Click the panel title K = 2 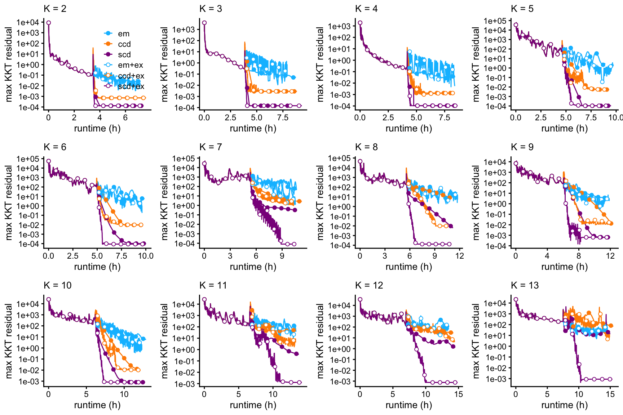click(55, 9)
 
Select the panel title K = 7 click(211, 147)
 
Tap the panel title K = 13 click(525, 285)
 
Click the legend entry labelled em click(123, 34)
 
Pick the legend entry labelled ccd click(124, 44)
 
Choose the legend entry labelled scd click(124, 54)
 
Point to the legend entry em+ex click(130, 65)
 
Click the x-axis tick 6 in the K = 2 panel click(125, 117)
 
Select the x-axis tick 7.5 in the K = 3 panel click(283, 117)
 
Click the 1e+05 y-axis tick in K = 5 click(495, 21)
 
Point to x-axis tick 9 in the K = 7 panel click(282, 256)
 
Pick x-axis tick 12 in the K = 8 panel click(460, 256)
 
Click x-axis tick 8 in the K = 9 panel click(579, 256)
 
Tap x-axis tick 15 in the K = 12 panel click(459, 394)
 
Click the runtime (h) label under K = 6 click(97, 267)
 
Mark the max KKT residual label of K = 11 click(164, 341)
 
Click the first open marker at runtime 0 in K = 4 click(360, 23)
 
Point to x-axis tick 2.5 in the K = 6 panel click(72, 256)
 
